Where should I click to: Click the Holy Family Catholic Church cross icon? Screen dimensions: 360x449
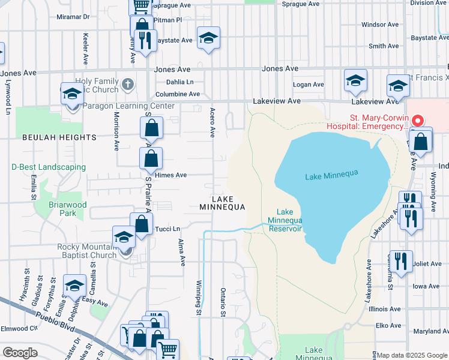[x=127, y=84]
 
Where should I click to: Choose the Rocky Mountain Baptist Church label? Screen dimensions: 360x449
[x=86, y=251]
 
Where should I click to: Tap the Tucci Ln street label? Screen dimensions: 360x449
[x=167, y=229]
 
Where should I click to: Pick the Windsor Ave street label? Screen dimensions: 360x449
[x=381, y=25]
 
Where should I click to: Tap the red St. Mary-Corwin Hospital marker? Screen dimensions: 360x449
[x=420, y=120]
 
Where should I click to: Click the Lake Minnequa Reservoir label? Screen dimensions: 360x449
[x=285, y=220]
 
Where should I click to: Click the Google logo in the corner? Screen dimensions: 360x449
[x=20, y=352]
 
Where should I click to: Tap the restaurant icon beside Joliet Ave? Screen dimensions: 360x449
[x=401, y=260]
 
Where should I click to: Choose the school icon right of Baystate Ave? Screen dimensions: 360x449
[x=208, y=38]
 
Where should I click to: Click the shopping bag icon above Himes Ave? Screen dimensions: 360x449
[x=151, y=158]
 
